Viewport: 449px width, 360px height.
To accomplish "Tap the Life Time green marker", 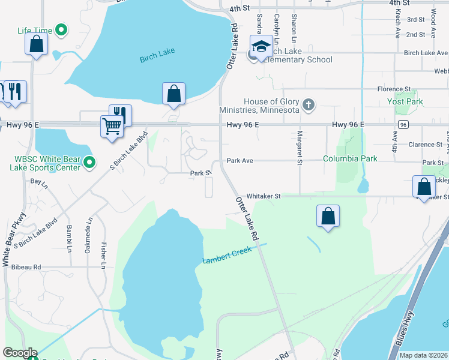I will tap(61, 29).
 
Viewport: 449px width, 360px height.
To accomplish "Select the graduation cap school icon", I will tap(261, 47).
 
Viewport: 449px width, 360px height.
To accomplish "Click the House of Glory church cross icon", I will tap(308, 106).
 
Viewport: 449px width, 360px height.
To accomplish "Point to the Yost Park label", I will tap(405, 101).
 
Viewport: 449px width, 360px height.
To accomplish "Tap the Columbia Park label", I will tap(350, 158).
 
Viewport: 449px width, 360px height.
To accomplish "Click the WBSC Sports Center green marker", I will tap(89, 162).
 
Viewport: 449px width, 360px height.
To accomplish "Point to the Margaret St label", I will tap(298, 146).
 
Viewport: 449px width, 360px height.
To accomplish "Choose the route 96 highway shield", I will tap(403, 124).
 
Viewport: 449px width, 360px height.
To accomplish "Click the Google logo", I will tap(19, 353).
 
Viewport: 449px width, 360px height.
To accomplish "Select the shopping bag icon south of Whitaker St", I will tap(328, 217).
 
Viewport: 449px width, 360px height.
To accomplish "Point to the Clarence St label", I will tap(425, 145).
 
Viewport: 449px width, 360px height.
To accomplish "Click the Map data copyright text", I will tap(423, 355).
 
